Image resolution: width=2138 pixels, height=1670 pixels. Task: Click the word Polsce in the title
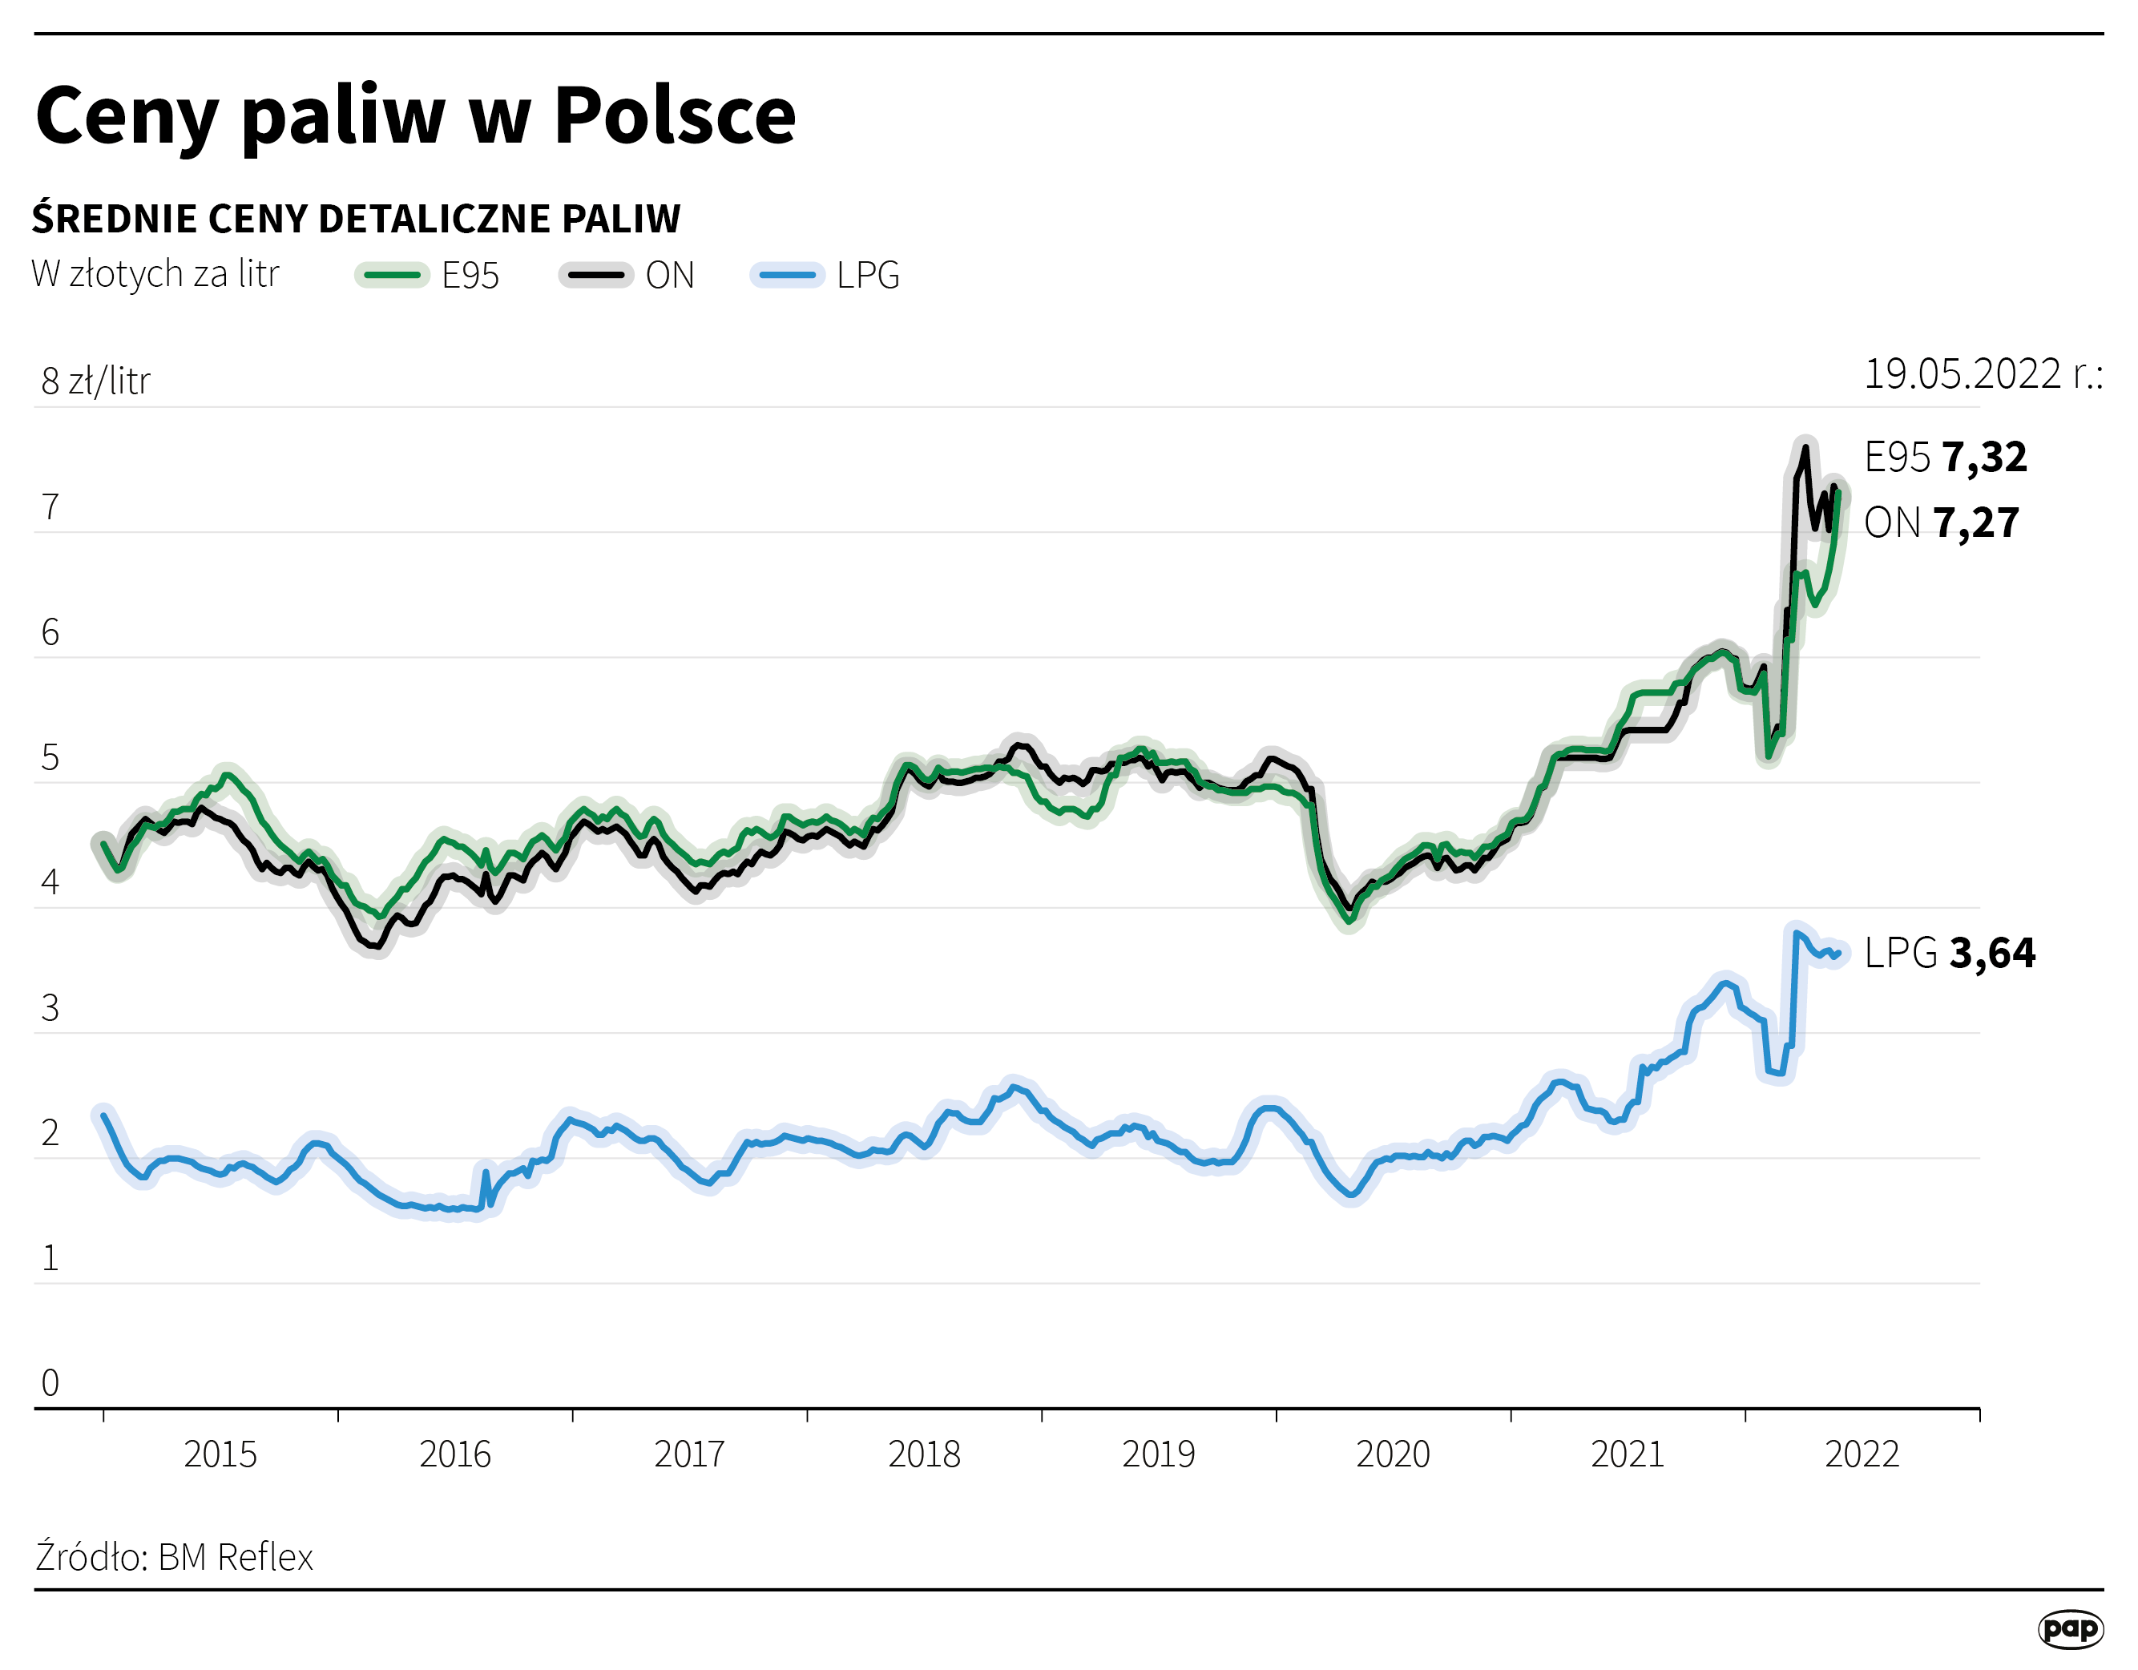(x=675, y=115)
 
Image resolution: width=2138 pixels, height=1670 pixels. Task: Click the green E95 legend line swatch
(x=392, y=275)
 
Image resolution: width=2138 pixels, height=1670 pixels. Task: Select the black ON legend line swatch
(x=595, y=275)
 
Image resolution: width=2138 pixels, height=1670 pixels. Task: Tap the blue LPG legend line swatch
(x=786, y=275)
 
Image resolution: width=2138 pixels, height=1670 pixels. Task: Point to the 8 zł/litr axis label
(x=96, y=381)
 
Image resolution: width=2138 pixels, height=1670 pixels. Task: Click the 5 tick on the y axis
(x=50, y=757)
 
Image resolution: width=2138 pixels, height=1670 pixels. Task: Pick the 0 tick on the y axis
(x=50, y=1382)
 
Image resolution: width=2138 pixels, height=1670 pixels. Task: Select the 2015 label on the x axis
(x=220, y=1454)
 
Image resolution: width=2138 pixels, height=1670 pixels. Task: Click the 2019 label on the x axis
(x=1158, y=1454)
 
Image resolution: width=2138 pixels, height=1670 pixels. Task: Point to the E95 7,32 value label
(x=1944, y=457)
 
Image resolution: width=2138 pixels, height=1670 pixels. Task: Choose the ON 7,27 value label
(x=1940, y=522)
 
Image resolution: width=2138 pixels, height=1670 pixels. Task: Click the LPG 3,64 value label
(x=1948, y=953)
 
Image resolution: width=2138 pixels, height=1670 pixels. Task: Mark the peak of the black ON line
(x=1805, y=447)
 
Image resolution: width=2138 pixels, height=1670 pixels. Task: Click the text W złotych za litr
(x=155, y=274)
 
